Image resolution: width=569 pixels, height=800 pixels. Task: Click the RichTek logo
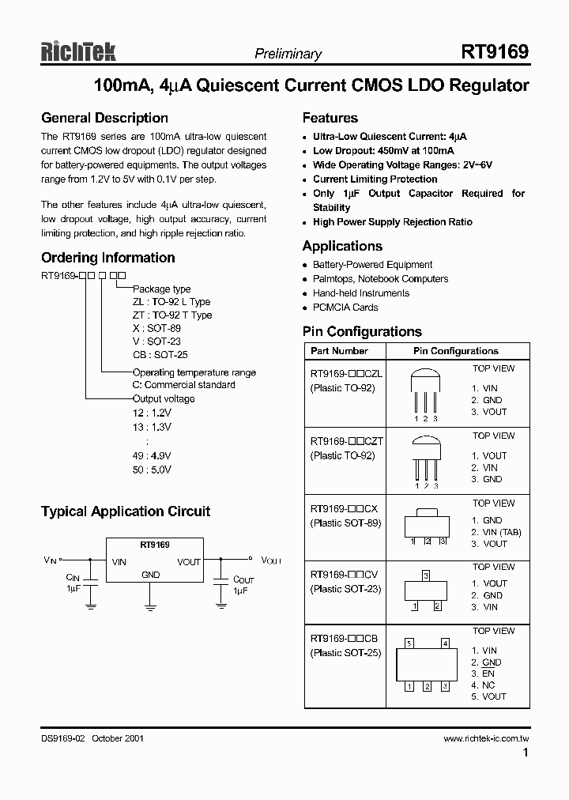pos(78,51)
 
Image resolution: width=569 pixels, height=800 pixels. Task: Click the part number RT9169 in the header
pos(495,52)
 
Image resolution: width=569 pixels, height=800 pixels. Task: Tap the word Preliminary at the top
pos(288,54)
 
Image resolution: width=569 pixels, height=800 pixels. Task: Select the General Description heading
pos(104,119)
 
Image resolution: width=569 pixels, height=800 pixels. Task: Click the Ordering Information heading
pos(107,258)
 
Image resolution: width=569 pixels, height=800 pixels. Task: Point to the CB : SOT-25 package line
pos(160,355)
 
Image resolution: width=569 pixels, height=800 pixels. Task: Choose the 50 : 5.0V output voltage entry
pos(152,470)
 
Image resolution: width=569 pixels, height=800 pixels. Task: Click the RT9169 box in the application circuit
pos(154,561)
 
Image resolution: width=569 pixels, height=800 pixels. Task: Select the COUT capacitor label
pos(243,579)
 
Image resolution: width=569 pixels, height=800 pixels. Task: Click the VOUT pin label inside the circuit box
pos(189,562)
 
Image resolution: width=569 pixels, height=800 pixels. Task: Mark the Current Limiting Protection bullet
pos(375,179)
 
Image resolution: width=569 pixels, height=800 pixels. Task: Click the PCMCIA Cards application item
pos(345,308)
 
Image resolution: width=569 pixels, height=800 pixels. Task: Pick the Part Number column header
pos(339,350)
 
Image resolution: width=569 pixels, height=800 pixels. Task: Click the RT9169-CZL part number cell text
pos(346,375)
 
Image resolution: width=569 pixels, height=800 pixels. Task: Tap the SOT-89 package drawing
pos(428,526)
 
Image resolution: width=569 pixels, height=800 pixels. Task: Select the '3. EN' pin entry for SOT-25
pos(483,674)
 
